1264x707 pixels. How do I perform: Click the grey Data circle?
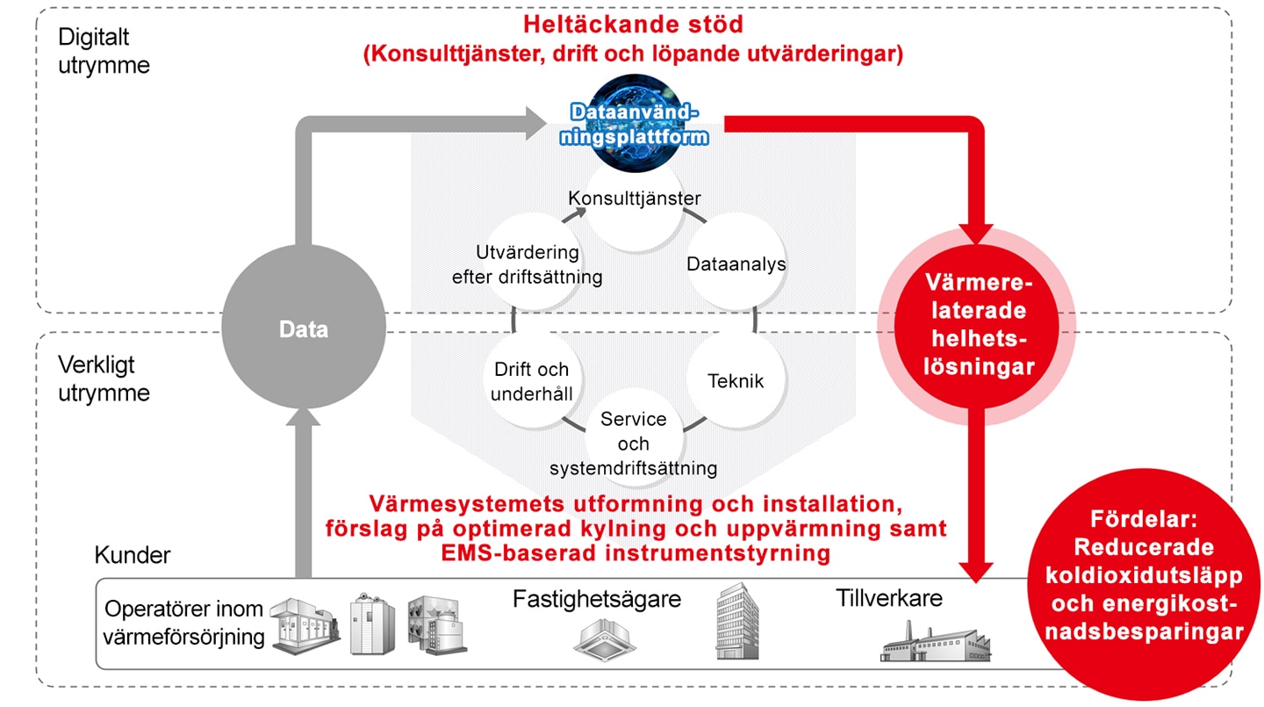(304, 327)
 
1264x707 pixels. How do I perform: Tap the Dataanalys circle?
(736, 263)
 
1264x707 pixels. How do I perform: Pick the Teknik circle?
(736, 380)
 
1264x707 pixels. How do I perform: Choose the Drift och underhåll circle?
(532, 380)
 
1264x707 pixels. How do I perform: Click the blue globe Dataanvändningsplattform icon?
(635, 124)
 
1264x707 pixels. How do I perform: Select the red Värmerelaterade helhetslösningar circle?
(977, 326)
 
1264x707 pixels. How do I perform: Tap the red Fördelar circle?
(1144, 584)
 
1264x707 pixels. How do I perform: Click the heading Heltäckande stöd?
(633, 25)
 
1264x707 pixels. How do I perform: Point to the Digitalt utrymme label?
(104, 51)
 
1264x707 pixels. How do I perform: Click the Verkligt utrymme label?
(104, 379)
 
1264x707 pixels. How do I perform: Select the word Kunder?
(132, 555)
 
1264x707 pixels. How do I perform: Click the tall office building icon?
(737, 621)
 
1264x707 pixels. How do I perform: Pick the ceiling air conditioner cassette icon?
(604, 640)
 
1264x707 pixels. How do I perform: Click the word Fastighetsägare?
(597, 599)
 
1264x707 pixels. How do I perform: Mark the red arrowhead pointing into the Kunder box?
(976, 572)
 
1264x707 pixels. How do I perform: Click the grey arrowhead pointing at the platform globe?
(535, 123)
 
